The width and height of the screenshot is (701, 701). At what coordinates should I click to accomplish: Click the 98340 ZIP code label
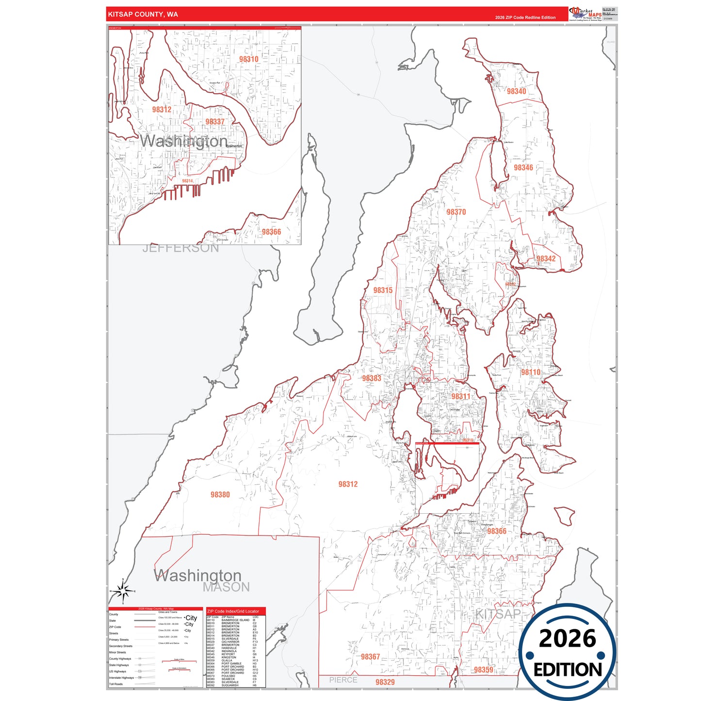tap(516, 91)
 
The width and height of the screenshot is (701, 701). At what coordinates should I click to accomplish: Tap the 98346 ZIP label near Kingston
tap(523, 168)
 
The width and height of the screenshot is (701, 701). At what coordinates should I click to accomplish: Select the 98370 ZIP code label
tap(456, 212)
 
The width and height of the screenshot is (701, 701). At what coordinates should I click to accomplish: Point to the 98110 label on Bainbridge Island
tap(530, 373)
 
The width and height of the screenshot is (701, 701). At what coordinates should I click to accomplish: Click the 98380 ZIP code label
tap(220, 495)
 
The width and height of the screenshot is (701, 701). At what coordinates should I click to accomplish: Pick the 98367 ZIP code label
tap(370, 657)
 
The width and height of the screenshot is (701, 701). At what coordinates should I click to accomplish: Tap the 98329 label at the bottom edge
tap(385, 682)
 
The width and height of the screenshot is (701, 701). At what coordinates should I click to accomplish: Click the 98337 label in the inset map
tap(214, 122)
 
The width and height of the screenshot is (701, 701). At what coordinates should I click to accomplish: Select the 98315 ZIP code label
tap(383, 291)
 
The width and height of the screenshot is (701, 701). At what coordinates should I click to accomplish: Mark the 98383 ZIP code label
tap(371, 378)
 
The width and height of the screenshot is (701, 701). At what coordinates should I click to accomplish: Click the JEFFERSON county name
tap(180, 248)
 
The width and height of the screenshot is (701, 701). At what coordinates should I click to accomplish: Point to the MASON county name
tap(226, 587)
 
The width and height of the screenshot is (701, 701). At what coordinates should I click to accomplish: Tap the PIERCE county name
tap(343, 680)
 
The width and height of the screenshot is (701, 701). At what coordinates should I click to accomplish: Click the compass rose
tap(123, 591)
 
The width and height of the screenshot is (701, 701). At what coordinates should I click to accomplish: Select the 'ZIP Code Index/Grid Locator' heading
tap(233, 611)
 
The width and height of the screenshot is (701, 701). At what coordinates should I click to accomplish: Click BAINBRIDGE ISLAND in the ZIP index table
tap(235, 620)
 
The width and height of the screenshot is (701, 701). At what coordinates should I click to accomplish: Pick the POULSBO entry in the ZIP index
tap(228, 676)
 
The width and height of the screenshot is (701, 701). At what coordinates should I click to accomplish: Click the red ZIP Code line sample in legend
tap(145, 627)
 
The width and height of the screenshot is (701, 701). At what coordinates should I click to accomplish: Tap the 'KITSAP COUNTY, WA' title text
tap(143, 15)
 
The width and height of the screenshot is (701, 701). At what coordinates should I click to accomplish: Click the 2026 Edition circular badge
tap(567, 652)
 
